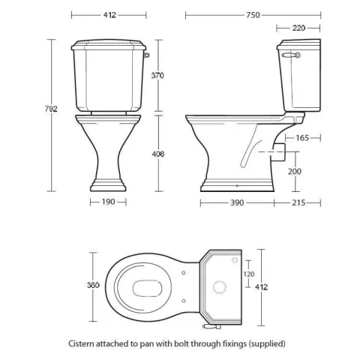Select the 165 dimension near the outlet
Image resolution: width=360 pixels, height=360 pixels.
302,137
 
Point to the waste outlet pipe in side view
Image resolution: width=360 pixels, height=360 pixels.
277,151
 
